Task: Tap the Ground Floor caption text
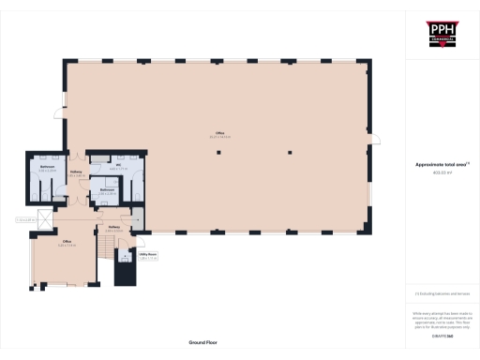pos(202,344)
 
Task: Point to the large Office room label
pos(219,136)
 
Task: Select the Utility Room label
pos(147,254)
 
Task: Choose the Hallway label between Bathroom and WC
pos(77,173)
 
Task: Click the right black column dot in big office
pos(292,152)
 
